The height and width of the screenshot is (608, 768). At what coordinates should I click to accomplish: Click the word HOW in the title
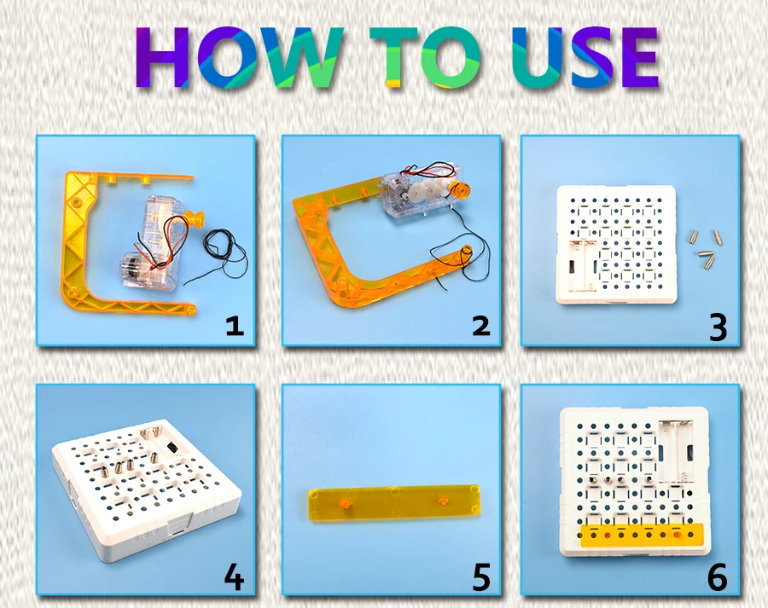[x=239, y=57]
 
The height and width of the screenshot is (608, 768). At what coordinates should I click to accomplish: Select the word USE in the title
[x=585, y=57]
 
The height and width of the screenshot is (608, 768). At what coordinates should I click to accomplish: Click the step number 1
[x=235, y=326]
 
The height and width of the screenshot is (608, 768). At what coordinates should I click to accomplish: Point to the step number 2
[x=481, y=326]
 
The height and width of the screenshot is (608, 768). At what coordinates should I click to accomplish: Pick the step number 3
[x=718, y=327]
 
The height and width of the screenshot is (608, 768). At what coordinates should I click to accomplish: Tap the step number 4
[x=234, y=577]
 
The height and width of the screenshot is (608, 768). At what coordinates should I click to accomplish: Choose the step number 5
[x=481, y=577]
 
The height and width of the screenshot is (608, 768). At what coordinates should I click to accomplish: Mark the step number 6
[x=718, y=577]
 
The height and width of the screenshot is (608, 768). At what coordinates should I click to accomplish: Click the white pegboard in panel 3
[x=616, y=245]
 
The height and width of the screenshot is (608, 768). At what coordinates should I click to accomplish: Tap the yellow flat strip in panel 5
[x=393, y=502]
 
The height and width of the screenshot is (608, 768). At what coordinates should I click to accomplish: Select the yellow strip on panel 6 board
[x=641, y=535]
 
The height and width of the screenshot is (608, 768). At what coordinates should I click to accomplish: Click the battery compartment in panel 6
[x=677, y=450]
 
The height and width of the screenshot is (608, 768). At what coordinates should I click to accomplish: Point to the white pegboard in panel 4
[x=146, y=489]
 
